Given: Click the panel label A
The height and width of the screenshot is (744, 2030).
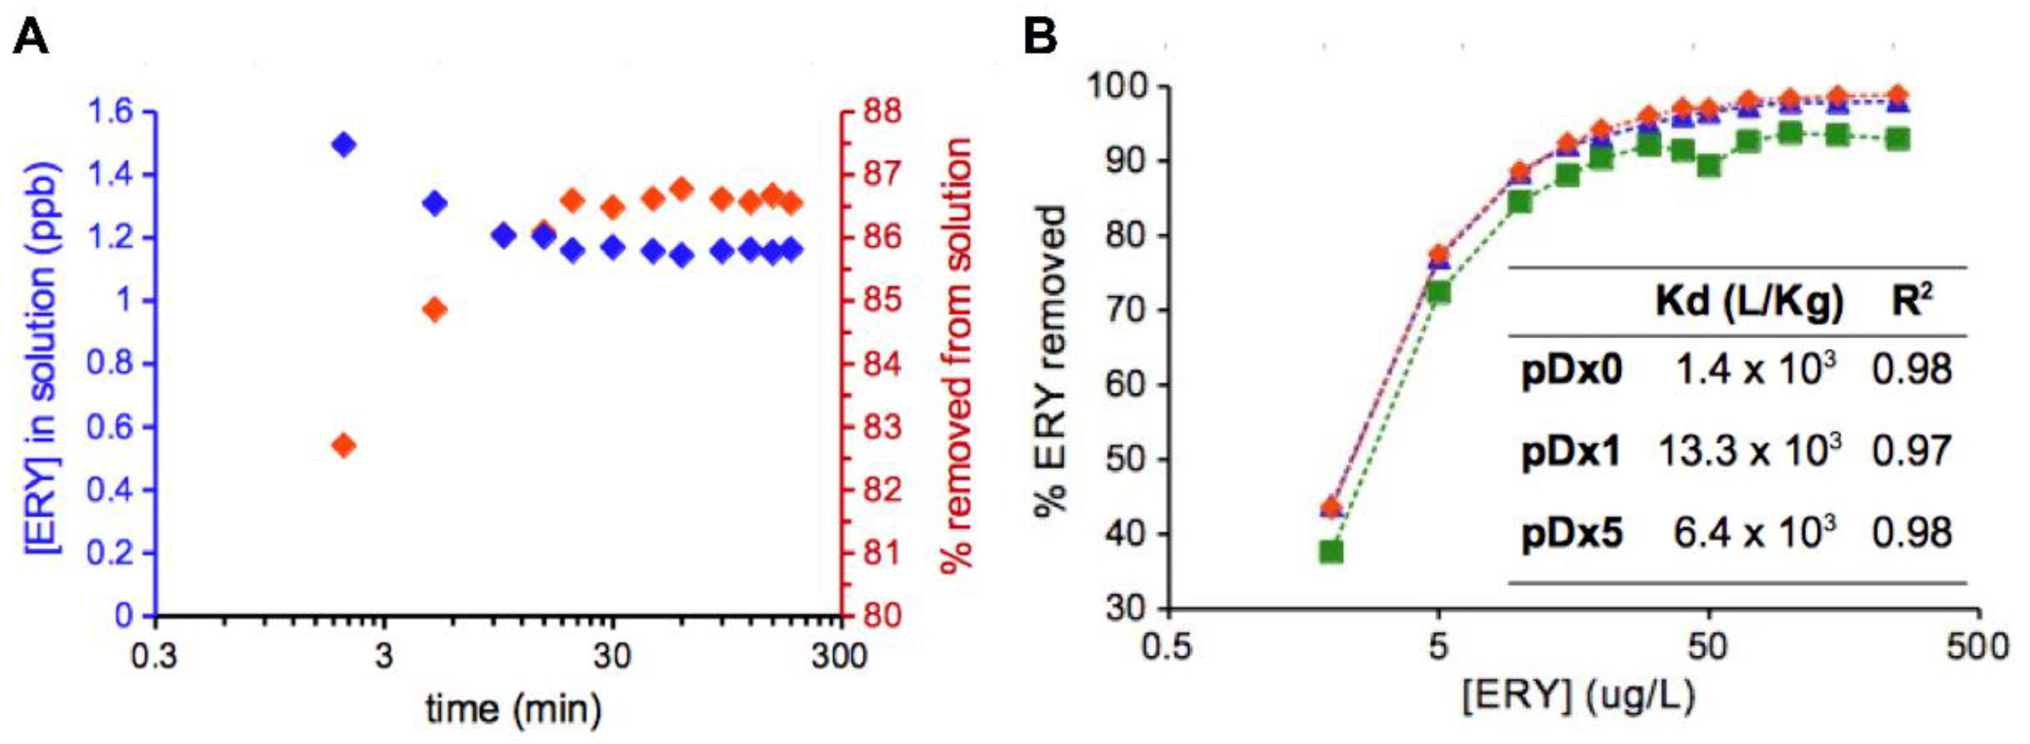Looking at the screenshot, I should tap(31, 37).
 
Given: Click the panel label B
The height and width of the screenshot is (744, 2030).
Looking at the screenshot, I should tap(1040, 37).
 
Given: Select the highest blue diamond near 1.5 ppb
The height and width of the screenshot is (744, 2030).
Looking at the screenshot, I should tap(344, 144).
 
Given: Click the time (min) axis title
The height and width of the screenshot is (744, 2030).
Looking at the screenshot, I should tap(514, 710).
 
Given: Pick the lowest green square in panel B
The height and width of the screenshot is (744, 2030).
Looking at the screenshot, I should tap(1331, 552).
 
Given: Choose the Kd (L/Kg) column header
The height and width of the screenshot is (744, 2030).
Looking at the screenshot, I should tap(1750, 303).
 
